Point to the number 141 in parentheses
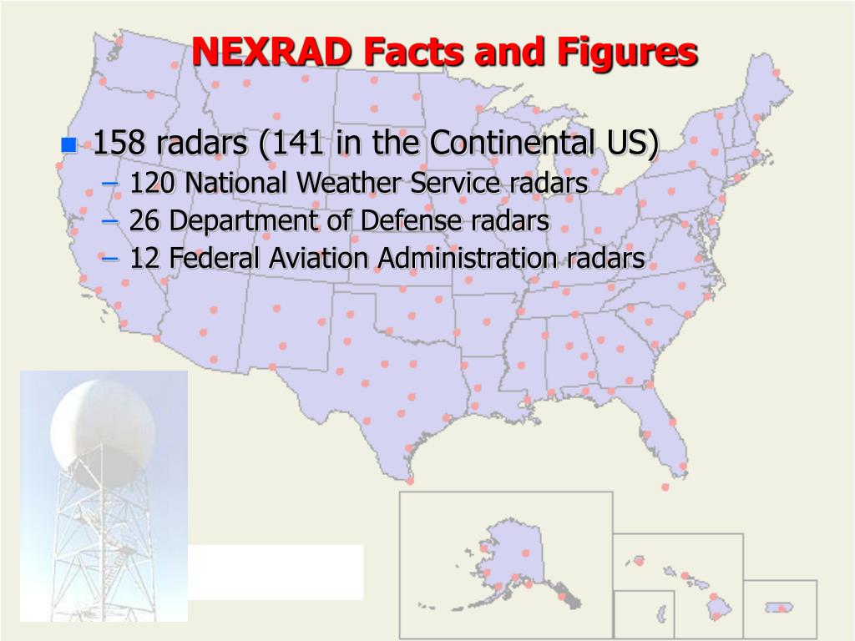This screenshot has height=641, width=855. (298, 144)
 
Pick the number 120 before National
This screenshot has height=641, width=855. (153, 183)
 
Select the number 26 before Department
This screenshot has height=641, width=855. (145, 221)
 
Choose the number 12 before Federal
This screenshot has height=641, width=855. (144, 259)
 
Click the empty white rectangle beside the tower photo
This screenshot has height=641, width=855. (276, 572)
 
